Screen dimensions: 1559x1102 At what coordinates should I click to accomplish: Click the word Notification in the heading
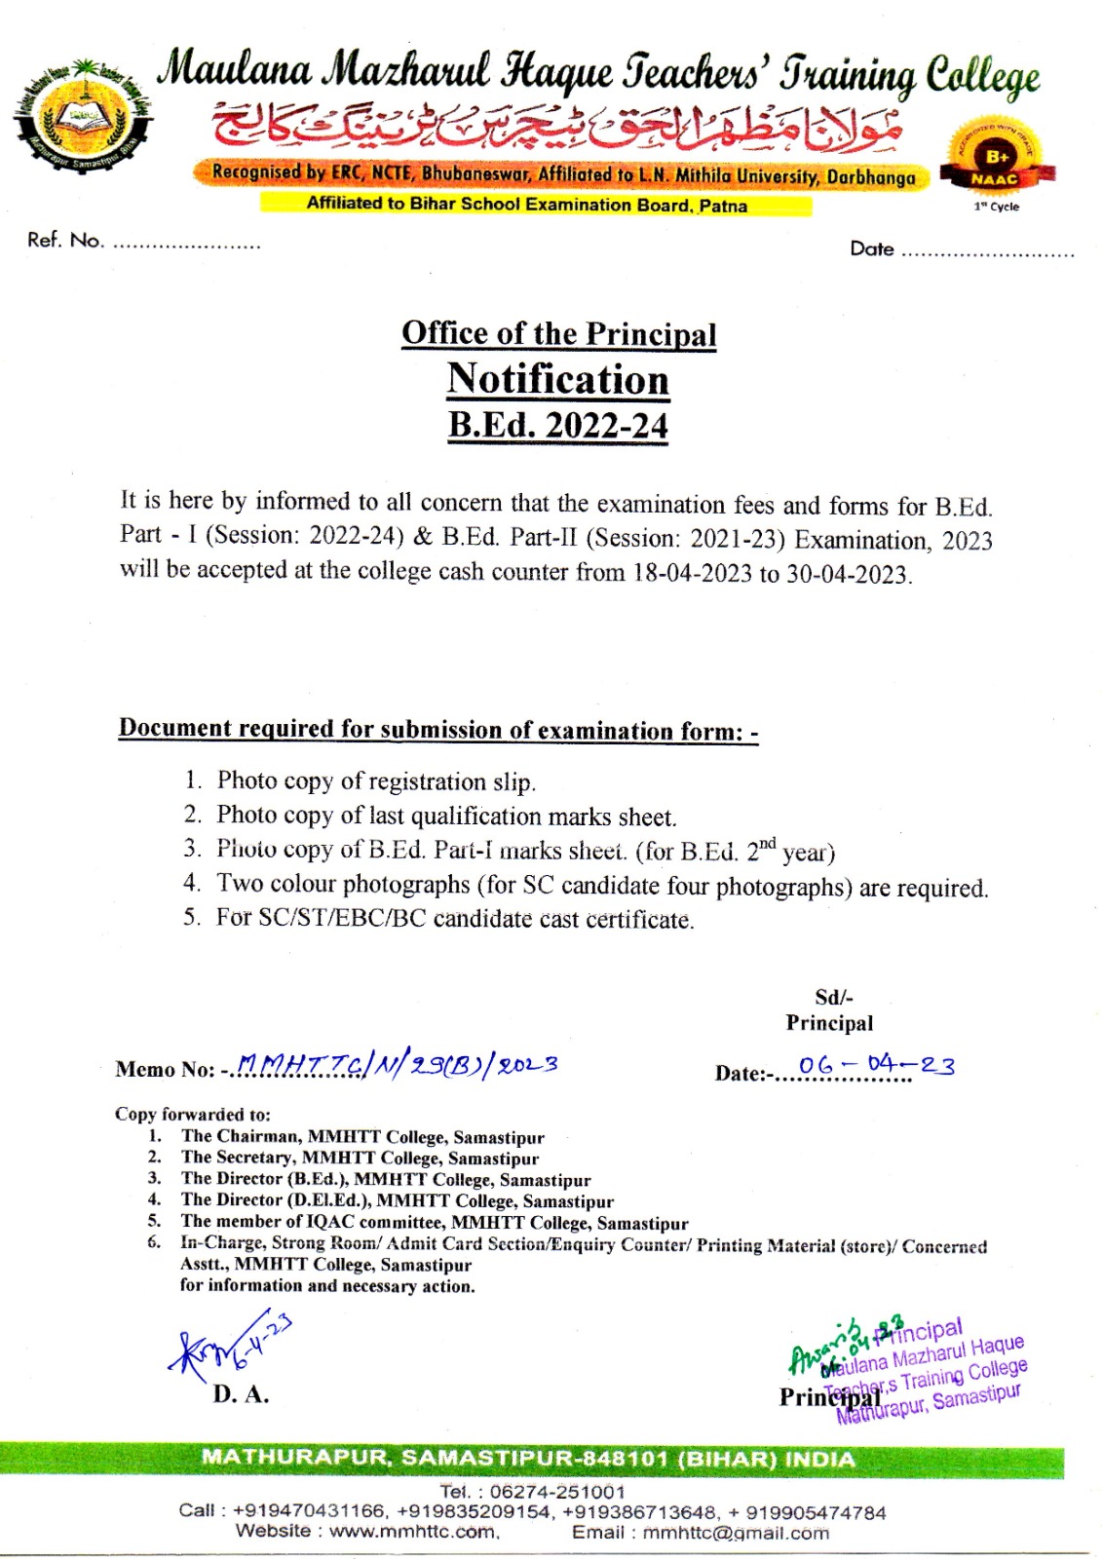pos(558,379)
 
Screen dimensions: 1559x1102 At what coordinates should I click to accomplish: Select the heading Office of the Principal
pos(558,333)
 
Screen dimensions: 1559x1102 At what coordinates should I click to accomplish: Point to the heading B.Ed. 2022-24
pos(558,426)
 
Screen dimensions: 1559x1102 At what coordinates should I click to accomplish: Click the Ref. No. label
pos(65,241)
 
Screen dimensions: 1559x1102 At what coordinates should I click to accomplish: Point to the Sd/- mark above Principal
pos(833,997)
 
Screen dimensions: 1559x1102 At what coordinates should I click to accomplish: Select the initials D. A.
pos(241,1394)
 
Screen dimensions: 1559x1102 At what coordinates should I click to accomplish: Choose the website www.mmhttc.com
pos(413,1532)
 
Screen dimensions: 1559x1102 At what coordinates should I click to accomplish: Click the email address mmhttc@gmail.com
pos(736,1533)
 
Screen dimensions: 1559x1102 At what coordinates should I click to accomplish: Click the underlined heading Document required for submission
pos(437,729)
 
